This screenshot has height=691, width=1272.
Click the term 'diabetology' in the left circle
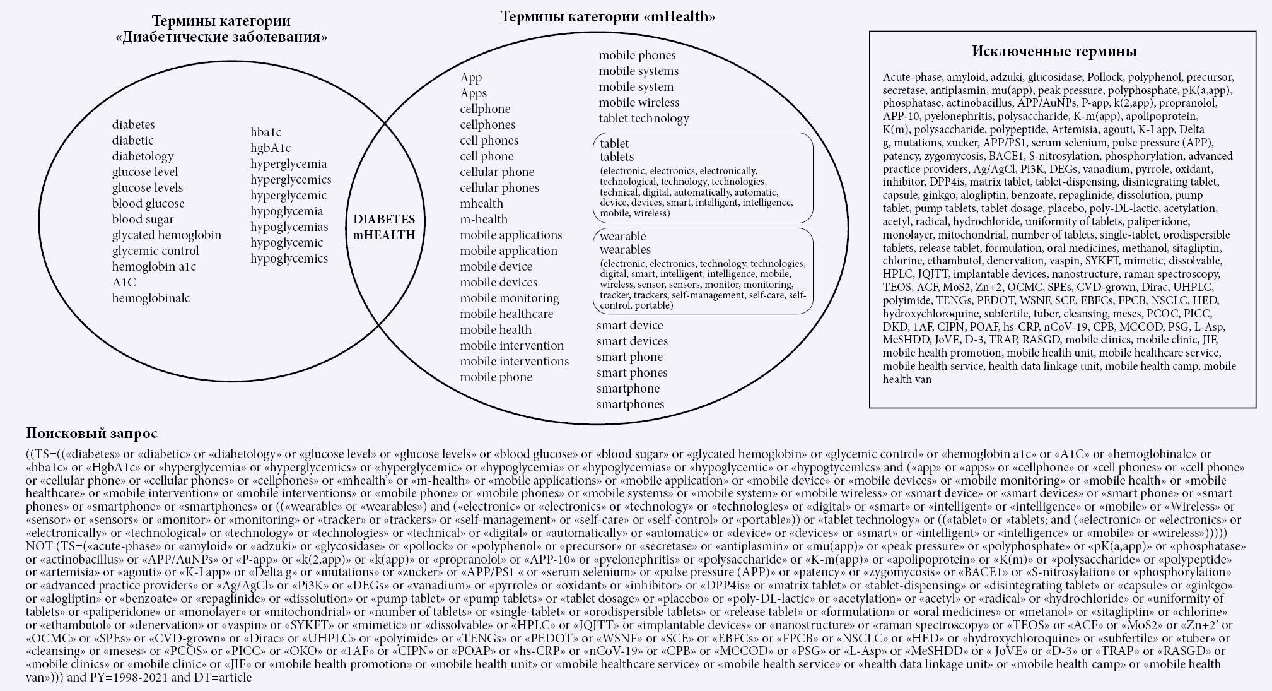[143, 156]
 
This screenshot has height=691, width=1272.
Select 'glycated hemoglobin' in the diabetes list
[166, 235]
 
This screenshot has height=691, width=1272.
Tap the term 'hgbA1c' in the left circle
[271, 148]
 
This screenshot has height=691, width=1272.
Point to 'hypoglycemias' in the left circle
[289, 227]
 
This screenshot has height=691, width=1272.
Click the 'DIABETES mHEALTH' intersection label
[384, 227]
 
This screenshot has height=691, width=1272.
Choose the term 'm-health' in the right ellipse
[483, 219]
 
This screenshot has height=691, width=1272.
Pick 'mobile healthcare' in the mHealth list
[506, 314]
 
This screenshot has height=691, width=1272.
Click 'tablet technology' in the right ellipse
[643, 118]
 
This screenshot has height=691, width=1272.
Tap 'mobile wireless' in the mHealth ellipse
[639, 102]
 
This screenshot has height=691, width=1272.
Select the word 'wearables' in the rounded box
[624, 249]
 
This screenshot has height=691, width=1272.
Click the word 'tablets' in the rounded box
[616, 157]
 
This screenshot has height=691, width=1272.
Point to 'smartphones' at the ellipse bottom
[630, 404]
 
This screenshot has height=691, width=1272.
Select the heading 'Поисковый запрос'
[91, 434]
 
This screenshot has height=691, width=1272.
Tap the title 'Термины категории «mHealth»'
[607, 17]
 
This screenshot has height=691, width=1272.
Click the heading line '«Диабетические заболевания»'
[221, 37]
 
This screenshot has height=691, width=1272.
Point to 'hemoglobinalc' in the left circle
[151, 298]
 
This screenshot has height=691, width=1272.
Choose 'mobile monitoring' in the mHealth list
[509, 298]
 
